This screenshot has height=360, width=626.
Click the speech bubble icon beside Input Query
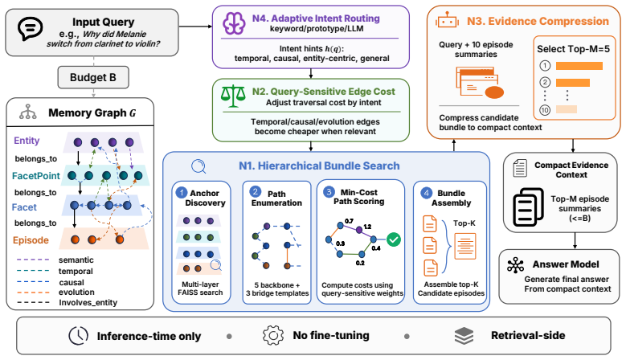(x=30, y=28)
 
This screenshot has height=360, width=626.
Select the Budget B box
(x=93, y=77)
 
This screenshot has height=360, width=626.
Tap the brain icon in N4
(x=234, y=23)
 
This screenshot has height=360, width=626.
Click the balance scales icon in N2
(x=233, y=96)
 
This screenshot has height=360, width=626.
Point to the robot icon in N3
(x=447, y=20)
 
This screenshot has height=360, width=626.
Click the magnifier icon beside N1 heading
(x=198, y=166)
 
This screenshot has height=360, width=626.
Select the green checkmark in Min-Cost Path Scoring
(x=394, y=239)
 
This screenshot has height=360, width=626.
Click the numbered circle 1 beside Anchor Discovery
(x=182, y=193)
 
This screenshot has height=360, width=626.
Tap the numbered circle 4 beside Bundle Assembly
(x=427, y=193)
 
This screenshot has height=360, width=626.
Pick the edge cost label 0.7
(x=349, y=221)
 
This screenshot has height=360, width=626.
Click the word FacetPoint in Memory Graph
(x=36, y=176)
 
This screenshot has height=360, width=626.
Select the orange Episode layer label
(x=31, y=240)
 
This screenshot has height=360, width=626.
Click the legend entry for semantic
(x=76, y=260)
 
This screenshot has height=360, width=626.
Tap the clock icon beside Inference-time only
(x=78, y=336)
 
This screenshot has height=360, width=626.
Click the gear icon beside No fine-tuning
(x=273, y=335)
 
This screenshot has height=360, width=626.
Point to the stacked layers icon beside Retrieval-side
(x=464, y=336)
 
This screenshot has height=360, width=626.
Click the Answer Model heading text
(x=566, y=264)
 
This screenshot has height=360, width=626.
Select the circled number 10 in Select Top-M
(x=545, y=110)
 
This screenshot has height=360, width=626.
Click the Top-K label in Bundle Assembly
(x=464, y=223)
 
